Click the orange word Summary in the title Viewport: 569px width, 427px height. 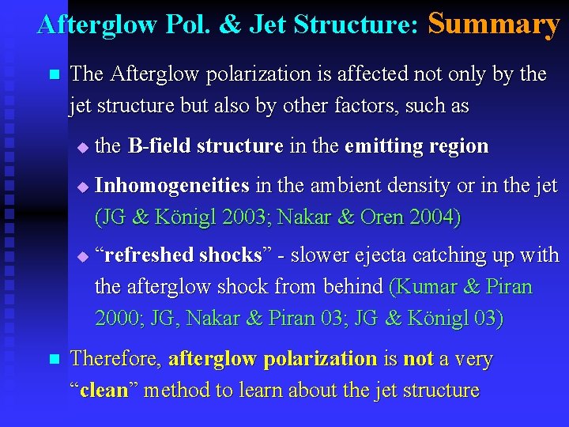493,24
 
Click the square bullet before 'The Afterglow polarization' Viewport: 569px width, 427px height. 54,75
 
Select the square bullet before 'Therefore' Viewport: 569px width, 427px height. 54,360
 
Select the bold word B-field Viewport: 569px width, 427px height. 159,146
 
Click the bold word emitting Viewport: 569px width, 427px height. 382,146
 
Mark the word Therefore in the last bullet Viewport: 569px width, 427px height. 115,359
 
